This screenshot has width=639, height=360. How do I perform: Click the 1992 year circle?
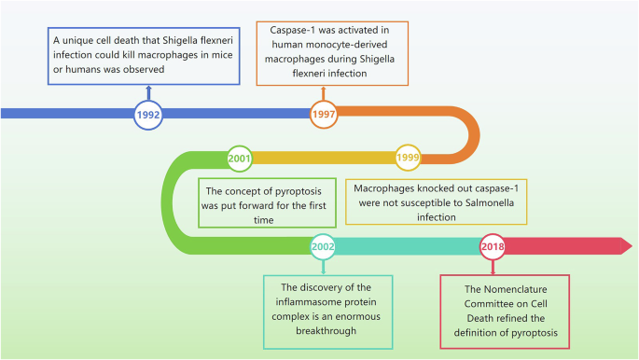(147, 114)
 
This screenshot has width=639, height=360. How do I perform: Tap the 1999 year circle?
(409, 158)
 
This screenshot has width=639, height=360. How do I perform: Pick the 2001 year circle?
(240, 158)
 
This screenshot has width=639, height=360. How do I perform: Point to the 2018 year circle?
(493, 246)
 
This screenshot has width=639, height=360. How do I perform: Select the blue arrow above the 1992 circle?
(147, 91)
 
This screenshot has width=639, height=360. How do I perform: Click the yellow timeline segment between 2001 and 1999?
(322, 158)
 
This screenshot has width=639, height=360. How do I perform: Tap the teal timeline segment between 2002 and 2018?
(406, 246)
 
